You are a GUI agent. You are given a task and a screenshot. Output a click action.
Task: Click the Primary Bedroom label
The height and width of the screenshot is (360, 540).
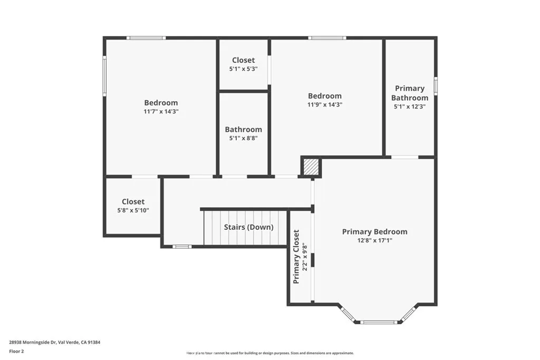(374, 232)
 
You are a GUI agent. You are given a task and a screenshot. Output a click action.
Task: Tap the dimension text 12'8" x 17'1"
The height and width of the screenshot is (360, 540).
(374, 240)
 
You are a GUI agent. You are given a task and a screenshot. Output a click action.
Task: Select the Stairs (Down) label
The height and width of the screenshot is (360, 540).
(248, 227)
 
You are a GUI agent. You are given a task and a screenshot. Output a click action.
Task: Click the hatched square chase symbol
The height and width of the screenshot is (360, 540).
(311, 167)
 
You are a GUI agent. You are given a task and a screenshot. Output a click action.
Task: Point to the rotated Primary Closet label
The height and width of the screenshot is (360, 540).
(296, 257)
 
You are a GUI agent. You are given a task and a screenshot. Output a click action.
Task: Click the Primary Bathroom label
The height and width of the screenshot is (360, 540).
(410, 93)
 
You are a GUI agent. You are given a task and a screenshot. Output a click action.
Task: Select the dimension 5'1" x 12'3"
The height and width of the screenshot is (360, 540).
(410, 106)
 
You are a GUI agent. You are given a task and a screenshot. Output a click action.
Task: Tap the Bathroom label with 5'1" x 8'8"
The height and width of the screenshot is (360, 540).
(243, 130)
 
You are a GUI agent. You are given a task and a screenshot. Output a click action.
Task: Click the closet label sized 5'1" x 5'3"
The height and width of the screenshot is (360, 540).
(243, 61)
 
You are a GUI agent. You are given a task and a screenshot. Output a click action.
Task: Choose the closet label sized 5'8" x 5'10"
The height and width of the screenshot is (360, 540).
(133, 202)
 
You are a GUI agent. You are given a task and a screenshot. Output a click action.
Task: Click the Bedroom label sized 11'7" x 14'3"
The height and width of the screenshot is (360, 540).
(161, 103)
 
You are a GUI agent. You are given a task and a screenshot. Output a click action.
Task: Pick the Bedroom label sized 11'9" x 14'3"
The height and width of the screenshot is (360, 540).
(325, 96)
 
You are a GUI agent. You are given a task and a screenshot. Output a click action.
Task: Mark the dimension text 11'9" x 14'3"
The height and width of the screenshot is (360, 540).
(325, 104)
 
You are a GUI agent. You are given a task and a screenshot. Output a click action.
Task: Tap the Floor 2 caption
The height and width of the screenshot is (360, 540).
(16, 351)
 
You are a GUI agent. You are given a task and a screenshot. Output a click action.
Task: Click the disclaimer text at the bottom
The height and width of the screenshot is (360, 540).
(270, 353)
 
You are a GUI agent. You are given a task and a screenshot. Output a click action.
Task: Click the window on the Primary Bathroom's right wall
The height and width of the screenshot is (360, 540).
(436, 85)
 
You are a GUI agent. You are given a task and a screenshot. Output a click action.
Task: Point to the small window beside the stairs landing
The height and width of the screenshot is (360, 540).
(182, 246)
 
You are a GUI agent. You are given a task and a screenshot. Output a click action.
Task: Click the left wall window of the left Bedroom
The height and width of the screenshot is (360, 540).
(104, 76)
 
